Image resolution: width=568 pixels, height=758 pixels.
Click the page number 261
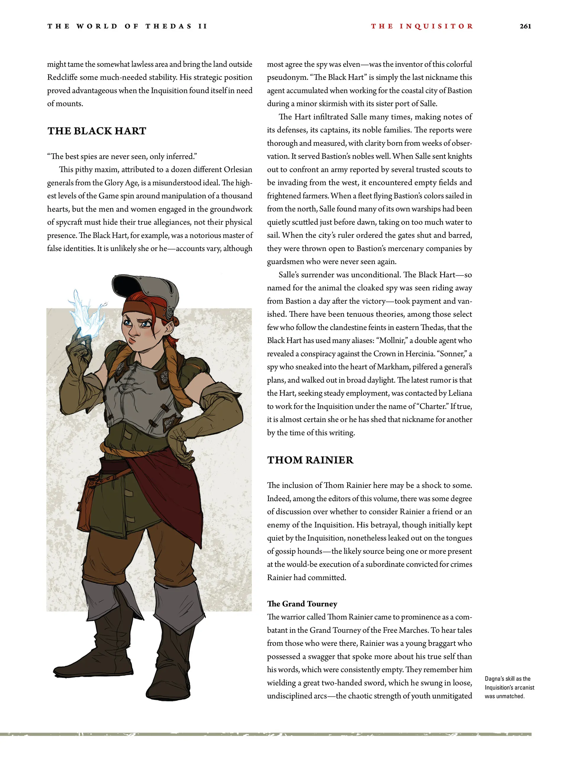click(525, 26)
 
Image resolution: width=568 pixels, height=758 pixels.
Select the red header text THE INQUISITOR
click(422, 26)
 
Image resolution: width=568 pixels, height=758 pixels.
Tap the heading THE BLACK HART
click(97, 131)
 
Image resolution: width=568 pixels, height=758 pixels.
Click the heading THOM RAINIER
click(310, 460)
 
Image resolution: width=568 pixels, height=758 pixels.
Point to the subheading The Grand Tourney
click(302, 603)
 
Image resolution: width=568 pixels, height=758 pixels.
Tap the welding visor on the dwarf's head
click(147, 291)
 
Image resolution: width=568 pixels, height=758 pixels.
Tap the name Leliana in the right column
click(460, 393)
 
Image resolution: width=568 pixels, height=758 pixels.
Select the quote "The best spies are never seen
click(122, 157)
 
